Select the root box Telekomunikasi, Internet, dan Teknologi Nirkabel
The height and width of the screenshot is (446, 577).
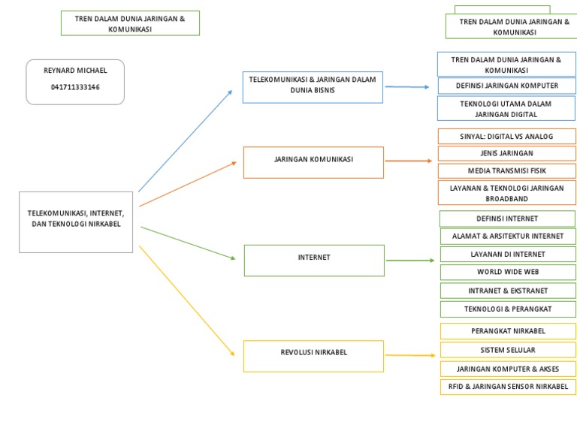click(76, 221)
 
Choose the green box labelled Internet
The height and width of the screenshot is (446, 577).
click(313, 260)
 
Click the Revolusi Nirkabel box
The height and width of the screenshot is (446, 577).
click(313, 356)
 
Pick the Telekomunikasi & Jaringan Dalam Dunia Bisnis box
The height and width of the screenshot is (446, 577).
click(313, 87)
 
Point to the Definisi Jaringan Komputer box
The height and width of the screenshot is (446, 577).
click(506, 86)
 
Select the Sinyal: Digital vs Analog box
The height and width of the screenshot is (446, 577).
click(506, 136)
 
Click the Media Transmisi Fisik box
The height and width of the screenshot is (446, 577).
click(506, 170)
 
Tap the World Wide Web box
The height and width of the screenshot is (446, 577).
click(507, 272)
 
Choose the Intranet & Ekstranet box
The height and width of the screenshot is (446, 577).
click(507, 291)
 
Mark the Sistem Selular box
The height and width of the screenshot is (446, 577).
click(507, 350)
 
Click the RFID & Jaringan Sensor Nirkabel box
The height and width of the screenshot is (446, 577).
click(507, 387)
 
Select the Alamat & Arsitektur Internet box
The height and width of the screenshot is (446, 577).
click(507, 237)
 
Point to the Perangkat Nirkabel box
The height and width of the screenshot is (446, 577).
click(507, 331)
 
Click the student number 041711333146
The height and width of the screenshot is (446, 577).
click(75, 88)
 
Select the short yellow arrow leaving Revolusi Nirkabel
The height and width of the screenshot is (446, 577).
click(409, 355)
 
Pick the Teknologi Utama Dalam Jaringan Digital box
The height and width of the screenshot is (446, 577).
click(506, 109)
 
